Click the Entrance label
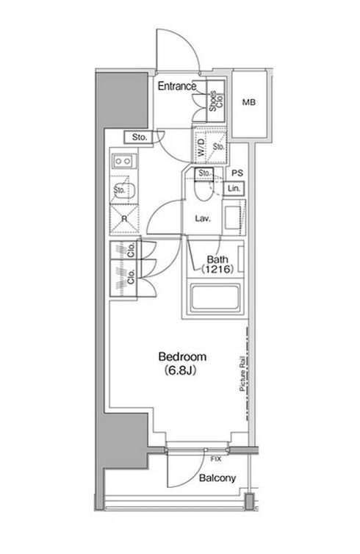coord(176,86)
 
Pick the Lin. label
coord(234,189)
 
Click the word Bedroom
coord(182,357)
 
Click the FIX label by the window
coord(216,458)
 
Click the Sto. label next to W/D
coord(218,146)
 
